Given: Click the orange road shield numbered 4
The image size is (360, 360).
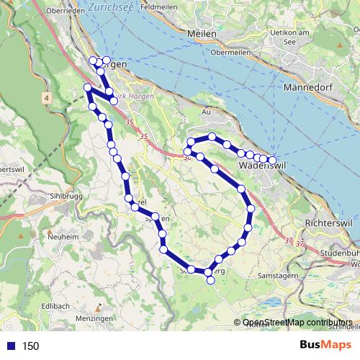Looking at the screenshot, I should (46, 97).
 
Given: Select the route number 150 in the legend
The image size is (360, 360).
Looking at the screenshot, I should (30, 346).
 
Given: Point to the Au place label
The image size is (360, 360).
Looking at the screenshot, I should (206, 112).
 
